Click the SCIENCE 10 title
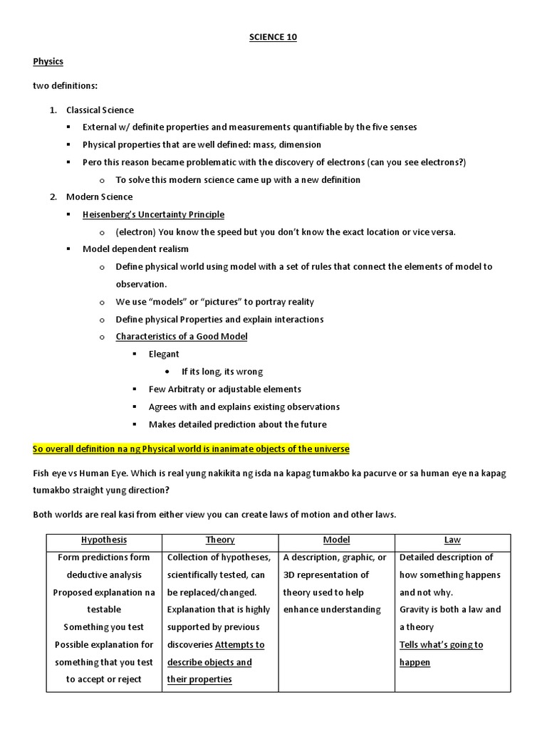273,38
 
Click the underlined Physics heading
48,62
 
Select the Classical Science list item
100,110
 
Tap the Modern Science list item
99,196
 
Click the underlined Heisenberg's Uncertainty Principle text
153,214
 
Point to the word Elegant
164,354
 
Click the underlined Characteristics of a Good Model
182,336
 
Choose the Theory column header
220,540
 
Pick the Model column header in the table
336,540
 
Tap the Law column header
452,540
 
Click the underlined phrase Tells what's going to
441,645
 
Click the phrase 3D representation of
325,575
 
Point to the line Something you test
104,627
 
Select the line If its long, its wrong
222,372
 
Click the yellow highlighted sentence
191,449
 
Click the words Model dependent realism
135,249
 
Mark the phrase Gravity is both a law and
450,609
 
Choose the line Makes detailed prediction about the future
237,424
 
